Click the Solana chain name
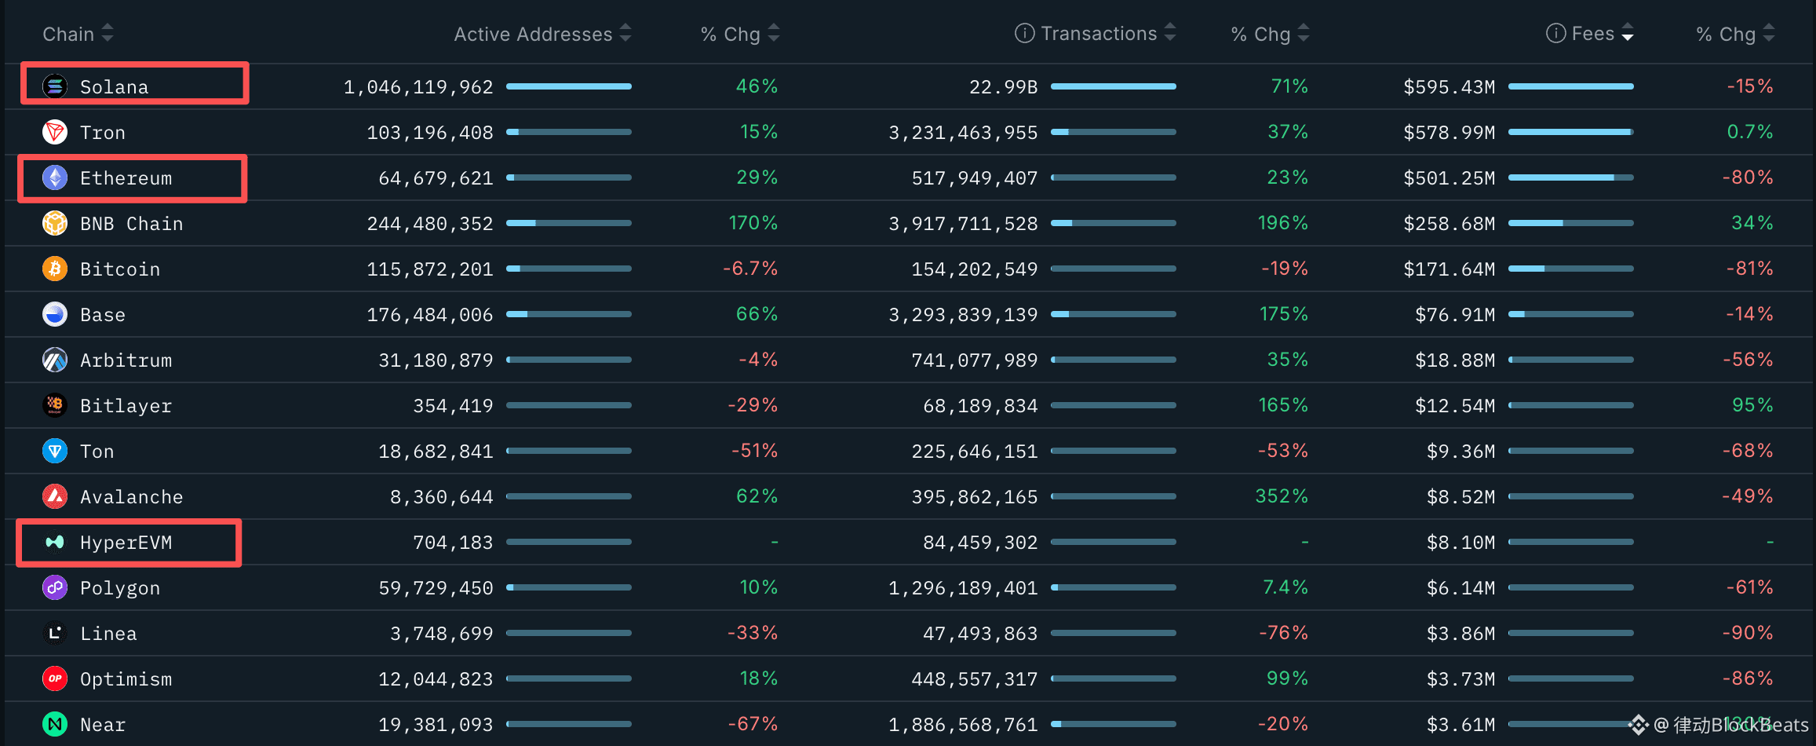(x=114, y=86)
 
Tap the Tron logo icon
(x=55, y=132)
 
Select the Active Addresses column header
(x=533, y=34)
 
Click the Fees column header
(x=1592, y=34)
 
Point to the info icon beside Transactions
(x=1024, y=33)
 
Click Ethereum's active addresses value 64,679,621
(x=436, y=178)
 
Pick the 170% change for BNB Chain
(x=753, y=223)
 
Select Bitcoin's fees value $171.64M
(x=1449, y=269)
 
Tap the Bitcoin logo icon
(x=55, y=269)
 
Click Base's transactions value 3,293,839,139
(x=963, y=315)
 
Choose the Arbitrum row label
(x=126, y=360)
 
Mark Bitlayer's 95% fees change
(x=1752, y=405)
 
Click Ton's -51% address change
(x=753, y=451)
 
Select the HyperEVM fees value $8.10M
(x=1460, y=543)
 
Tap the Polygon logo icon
(x=55, y=587)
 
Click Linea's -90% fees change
(x=1747, y=633)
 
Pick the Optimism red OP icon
(x=55, y=678)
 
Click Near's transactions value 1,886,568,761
(x=963, y=725)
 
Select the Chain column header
(x=68, y=34)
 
